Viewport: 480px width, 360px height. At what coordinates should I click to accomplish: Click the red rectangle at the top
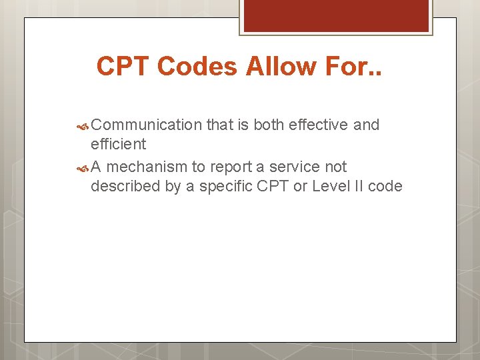(336, 15)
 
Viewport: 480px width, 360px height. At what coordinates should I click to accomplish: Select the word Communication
(146, 125)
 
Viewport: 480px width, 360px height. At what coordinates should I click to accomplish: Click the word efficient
(118, 144)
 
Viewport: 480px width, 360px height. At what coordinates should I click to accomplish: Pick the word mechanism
(147, 167)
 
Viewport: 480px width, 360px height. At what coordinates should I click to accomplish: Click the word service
(291, 167)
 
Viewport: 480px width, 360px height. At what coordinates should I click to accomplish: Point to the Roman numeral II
(359, 186)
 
